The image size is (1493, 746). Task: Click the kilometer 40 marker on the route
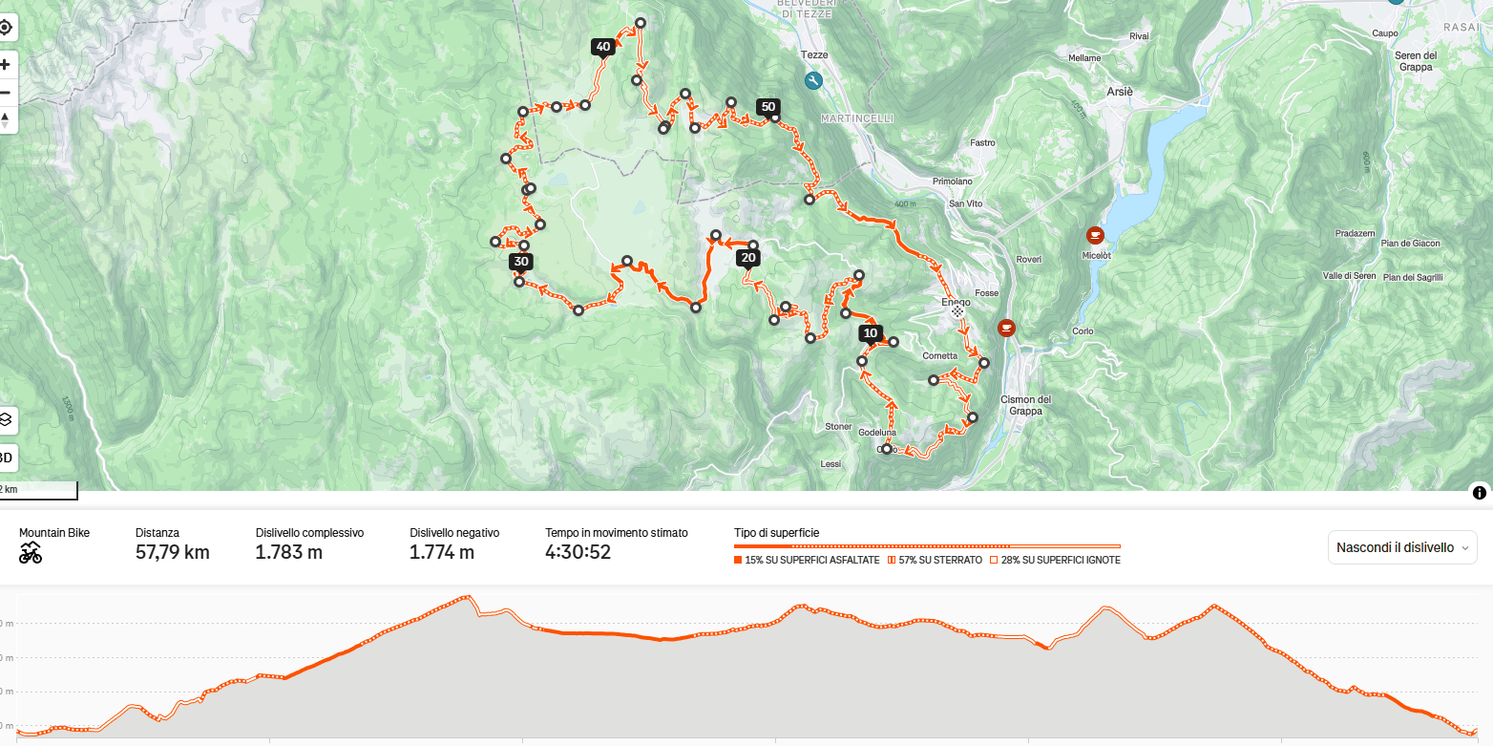(x=602, y=47)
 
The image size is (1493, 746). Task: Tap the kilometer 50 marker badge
(x=768, y=107)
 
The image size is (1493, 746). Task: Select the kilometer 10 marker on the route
(x=870, y=332)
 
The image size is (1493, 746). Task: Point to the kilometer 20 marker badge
(x=748, y=258)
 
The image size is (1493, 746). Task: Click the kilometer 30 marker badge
(x=520, y=262)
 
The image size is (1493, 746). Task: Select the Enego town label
(x=956, y=302)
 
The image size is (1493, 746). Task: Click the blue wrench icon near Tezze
(x=813, y=81)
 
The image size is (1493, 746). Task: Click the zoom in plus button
(x=6, y=65)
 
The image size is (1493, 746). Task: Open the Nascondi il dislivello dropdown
(x=1401, y=547)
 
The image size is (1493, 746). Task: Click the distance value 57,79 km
(x=172, y=552)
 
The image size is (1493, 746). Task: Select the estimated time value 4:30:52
(x=578, y=552)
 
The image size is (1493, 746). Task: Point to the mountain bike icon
(x=31, y=552)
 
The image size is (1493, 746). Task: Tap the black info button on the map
(x=1479, y=493)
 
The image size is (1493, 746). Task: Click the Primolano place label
(x=952, y=181)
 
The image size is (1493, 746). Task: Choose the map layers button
(x=6, y=419)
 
